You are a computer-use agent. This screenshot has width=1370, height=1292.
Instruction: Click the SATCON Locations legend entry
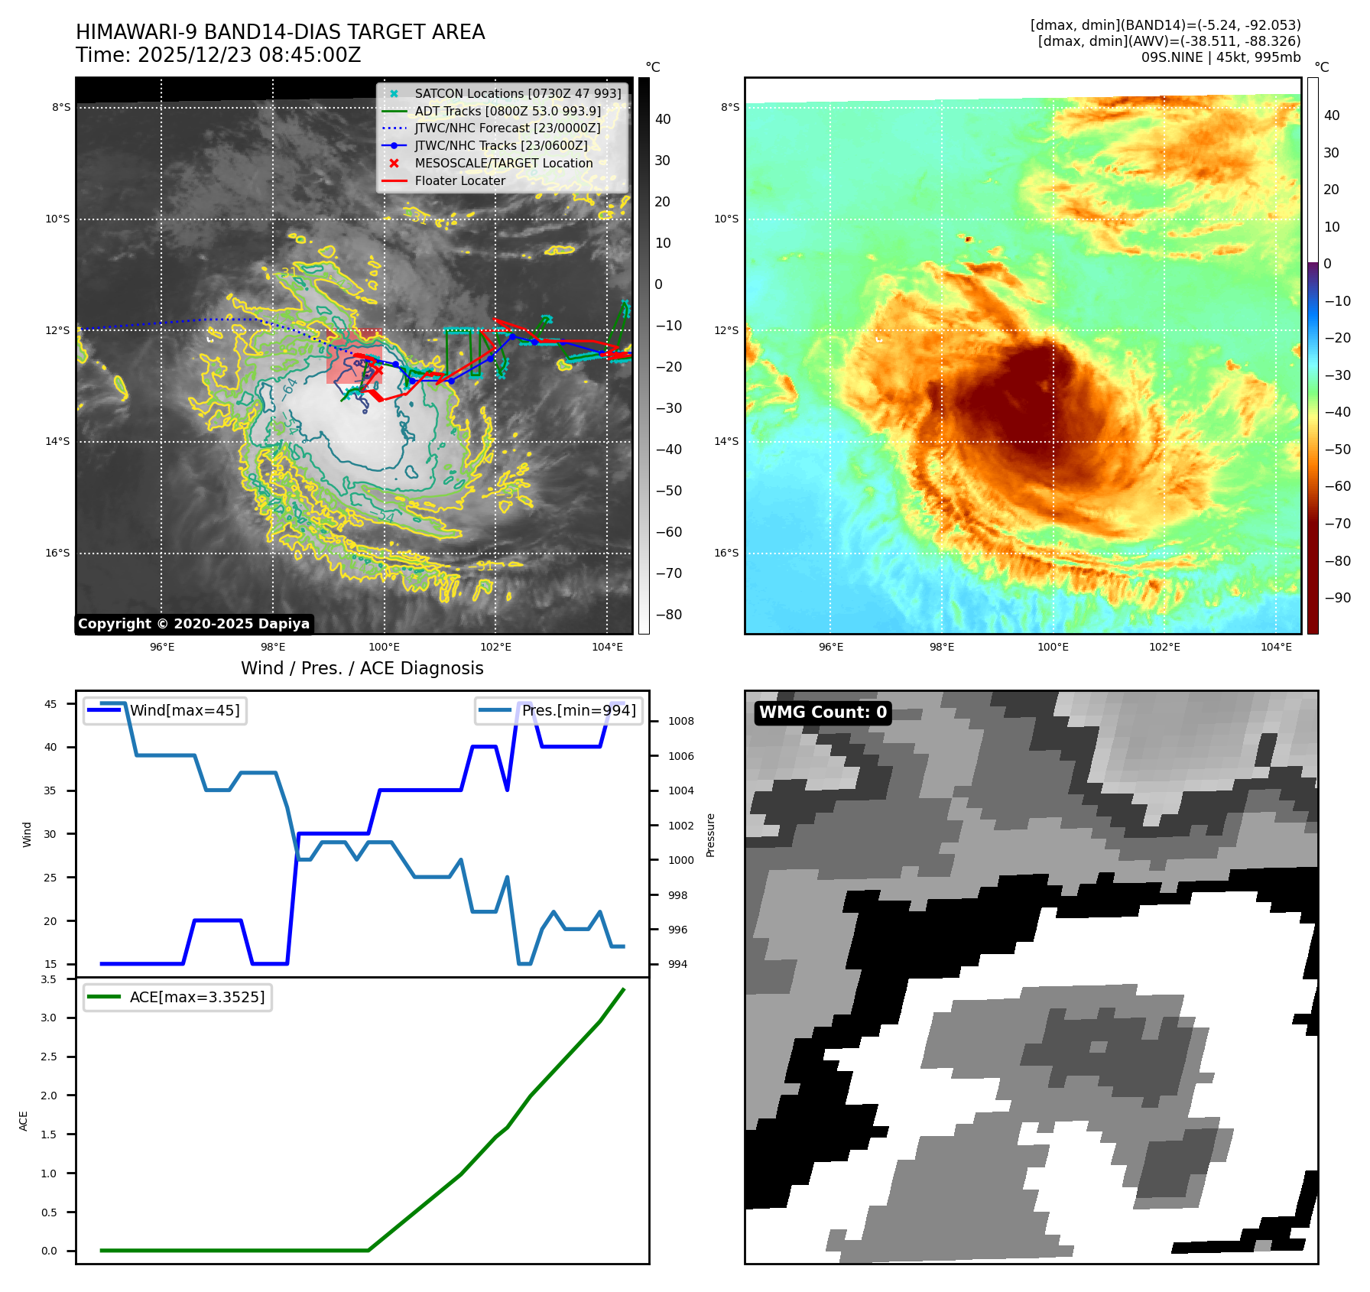click(x=518, y=93)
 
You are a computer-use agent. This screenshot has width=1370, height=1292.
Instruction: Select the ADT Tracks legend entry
click(x=508, y=111)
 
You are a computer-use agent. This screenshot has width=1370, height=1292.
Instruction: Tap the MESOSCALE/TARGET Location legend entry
click(x=503, y=163)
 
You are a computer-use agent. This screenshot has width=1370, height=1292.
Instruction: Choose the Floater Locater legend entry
click(x=459, y=180)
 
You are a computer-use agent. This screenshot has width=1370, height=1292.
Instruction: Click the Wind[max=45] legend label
click(x=184, y=710)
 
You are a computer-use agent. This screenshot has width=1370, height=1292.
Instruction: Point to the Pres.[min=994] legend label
click(x=579, y=710)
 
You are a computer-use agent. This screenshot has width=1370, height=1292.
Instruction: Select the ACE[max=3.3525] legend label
click(x=197, y=997)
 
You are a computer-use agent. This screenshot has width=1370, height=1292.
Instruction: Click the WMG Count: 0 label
click(x=823, y=713)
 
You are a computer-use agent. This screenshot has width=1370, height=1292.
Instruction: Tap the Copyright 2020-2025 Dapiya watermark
click(x=193, y=624)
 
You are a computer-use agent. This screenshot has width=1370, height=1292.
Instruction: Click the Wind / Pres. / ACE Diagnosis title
click(x=362, y=668)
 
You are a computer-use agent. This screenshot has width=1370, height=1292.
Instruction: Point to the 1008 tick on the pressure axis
click(x=680, y=721)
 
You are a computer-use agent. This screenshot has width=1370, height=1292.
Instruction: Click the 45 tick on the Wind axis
click(x=50, y=704)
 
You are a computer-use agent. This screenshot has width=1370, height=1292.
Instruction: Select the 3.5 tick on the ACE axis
click(x=49, y=979)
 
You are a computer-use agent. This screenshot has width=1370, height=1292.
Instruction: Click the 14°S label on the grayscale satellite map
click(x=57, y=441)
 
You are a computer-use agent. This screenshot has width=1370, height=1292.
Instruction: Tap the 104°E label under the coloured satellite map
click(x=1276, y=647)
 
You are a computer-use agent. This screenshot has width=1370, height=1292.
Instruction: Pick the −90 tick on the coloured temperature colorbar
click(x=1337, y=598)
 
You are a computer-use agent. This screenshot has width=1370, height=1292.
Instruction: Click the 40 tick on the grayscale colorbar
click(x=663, y=119)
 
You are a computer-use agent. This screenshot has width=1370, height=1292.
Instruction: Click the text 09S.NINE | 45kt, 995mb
click(x=1220, y=57)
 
